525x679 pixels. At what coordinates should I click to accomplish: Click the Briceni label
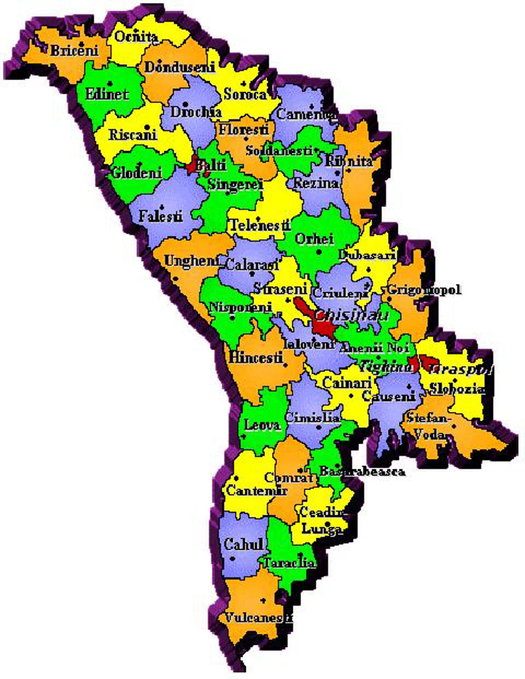coord(74,50)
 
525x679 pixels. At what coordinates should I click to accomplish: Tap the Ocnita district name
coord(136,37)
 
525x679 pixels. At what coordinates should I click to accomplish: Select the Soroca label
coord(245,94)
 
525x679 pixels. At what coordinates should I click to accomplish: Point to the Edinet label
coord(107,94)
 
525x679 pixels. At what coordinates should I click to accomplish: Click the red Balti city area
coord(192,166)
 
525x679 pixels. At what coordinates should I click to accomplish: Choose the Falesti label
coord(160,216)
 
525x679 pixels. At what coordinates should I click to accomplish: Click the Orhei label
coord(315,239)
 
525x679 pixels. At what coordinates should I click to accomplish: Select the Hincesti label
coord(256,357)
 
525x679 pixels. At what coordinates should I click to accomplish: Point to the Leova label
coord(262,425)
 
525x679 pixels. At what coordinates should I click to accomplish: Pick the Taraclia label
coord(289,563)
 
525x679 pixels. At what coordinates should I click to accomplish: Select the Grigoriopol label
coord(424,290)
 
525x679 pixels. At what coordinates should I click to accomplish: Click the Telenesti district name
coord(260,225)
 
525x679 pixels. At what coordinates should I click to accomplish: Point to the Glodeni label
coord(137,173)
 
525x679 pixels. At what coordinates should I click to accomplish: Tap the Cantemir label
coord(257,490)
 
